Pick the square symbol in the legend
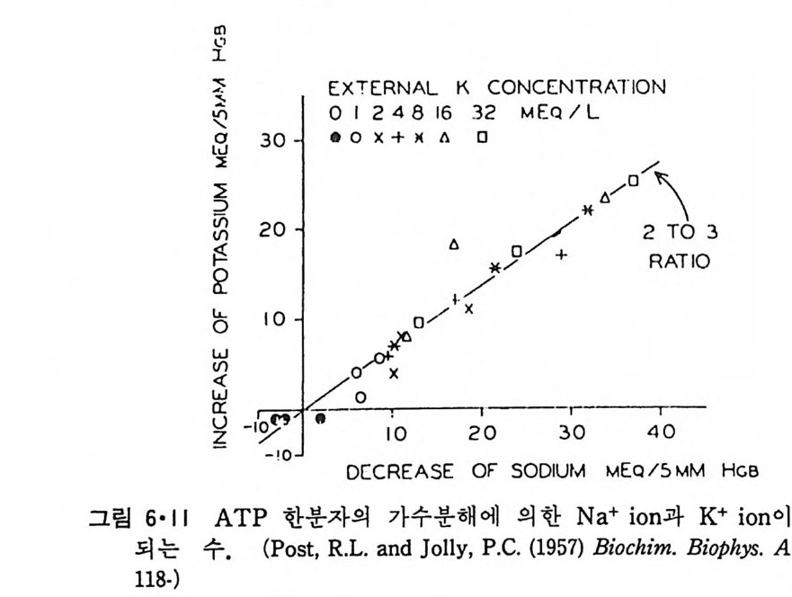coord(483,138)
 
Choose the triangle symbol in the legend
coord(444,138)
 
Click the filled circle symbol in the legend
coord(335,138)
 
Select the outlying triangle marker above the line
coord(454,244)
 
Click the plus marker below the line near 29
coord(562,254)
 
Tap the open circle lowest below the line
coord(360,397)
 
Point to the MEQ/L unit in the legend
coord(551,114)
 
